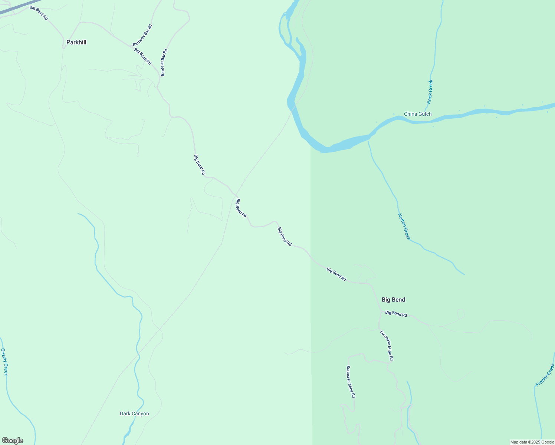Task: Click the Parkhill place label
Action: (76, 42)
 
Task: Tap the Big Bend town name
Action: (393, 300)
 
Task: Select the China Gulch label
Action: (418, 114)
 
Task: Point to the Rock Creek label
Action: (430, 92)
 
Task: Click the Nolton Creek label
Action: (404, 226)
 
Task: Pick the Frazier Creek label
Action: (545, 375)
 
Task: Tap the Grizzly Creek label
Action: (4, 362)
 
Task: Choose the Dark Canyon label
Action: (134, 413)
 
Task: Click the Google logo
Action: (13, 441)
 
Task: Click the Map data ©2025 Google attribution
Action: (532, 442)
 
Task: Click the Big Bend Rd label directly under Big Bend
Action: (396, 314)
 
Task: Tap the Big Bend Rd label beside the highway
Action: (39, 13)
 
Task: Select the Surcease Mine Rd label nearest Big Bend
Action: (387, 345)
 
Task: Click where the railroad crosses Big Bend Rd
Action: (236, 194)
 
